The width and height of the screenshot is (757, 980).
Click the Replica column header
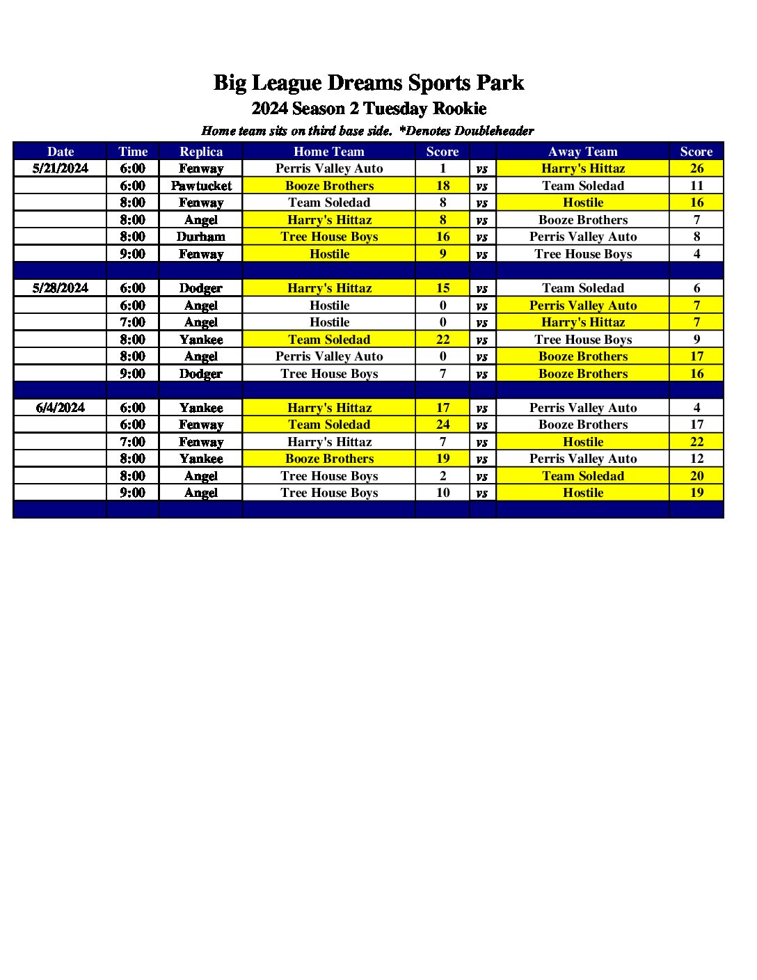click(x=201, y=152)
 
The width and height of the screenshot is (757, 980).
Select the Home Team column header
click(x=329, y=152)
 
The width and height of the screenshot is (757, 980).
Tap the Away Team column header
click(x=583, y=152)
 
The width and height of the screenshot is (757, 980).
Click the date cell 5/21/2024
click(x=61, y=168)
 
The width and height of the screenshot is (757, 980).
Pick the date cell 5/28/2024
click(x=61, y=288)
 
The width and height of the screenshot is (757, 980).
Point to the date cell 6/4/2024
click(x=61, y=408)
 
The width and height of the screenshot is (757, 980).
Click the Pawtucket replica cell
click(x=201, y=186)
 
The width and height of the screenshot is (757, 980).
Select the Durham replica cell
click(x=201, y=237)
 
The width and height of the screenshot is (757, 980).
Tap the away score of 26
click(x=696, y=168)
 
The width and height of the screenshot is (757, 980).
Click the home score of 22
click(x=443, y=340)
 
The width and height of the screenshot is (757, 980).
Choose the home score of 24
click(x=443, y=425)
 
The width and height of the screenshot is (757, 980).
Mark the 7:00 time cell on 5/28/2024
click(x=133, y=322)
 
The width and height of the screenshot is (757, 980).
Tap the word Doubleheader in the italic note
click(x=494, y=131)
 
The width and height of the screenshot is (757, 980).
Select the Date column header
click(x=61, y=152)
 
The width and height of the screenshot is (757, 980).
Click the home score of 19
click(x=443, y=459)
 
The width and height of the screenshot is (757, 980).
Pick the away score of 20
click(x=696, y=476)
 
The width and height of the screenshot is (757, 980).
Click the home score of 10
click(x=443, y=493)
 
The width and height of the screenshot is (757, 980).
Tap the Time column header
click(x=133, y=152)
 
